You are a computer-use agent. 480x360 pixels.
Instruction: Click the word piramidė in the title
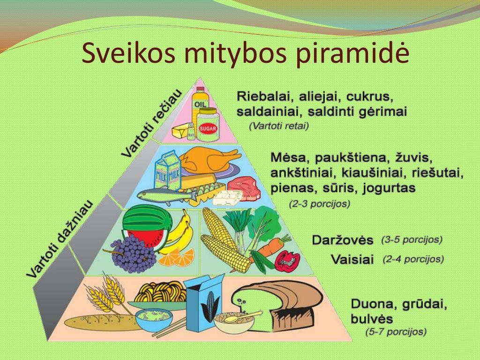tap(353, 54)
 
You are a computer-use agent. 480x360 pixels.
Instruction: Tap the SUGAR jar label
tap(209, 129)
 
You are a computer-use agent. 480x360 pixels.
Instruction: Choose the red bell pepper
tap(287, 261)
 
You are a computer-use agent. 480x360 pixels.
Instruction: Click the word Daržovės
tap(343, 240)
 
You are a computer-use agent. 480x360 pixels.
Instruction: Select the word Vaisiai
tap(352, 260)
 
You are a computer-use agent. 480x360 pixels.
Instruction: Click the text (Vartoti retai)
tap(279, 126)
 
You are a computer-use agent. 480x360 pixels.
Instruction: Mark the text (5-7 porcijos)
tap(396, 331)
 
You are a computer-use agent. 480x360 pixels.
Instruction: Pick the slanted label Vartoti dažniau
tap(60, 239)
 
